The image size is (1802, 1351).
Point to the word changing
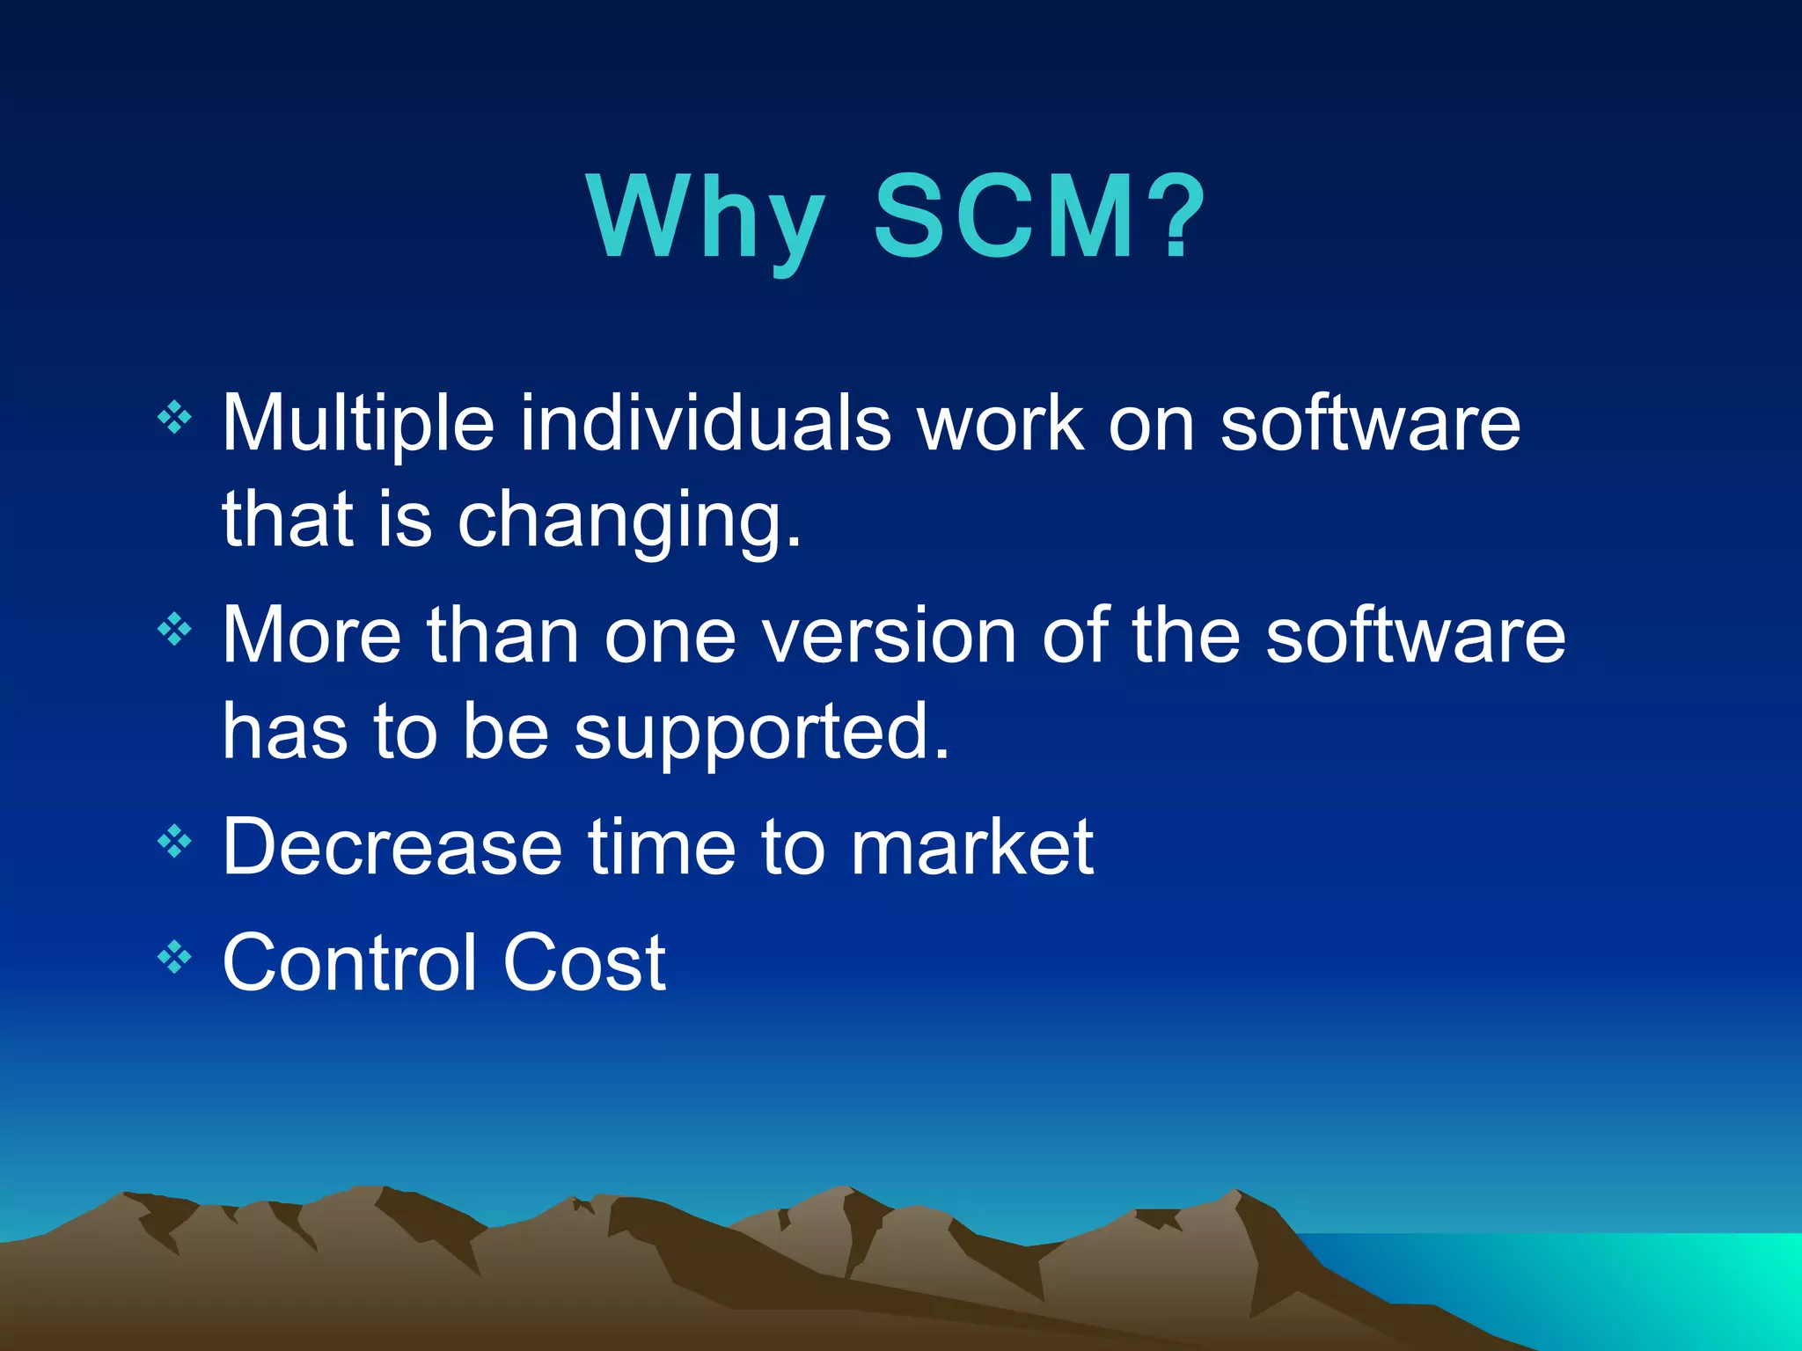point(629,521)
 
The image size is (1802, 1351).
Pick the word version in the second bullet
point(890,635)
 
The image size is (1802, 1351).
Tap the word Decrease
point(392,847)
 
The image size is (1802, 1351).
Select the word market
point(971,847)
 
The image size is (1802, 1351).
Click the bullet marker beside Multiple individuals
point(174,417)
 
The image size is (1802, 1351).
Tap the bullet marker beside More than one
point(174,628)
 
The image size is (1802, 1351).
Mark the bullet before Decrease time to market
point(174,841)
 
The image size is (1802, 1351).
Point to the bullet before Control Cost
point(174,956)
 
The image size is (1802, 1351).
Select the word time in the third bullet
point(661,847)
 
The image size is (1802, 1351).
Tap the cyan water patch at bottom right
point(1672,1284)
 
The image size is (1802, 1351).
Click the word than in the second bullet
point(502,635)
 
